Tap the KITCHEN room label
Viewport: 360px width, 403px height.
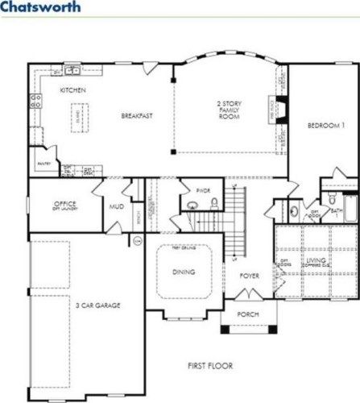coord(72,90)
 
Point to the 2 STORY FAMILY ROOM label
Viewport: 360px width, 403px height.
coord(229,110)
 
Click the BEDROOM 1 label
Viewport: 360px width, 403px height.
coord(325,126)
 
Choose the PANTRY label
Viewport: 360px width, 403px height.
coord(43,162)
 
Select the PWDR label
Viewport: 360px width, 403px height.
coord(203,190)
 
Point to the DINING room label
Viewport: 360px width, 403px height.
coord(184,272)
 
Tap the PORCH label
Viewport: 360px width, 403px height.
coord(248,314)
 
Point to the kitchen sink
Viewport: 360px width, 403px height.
coord(72,70)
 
